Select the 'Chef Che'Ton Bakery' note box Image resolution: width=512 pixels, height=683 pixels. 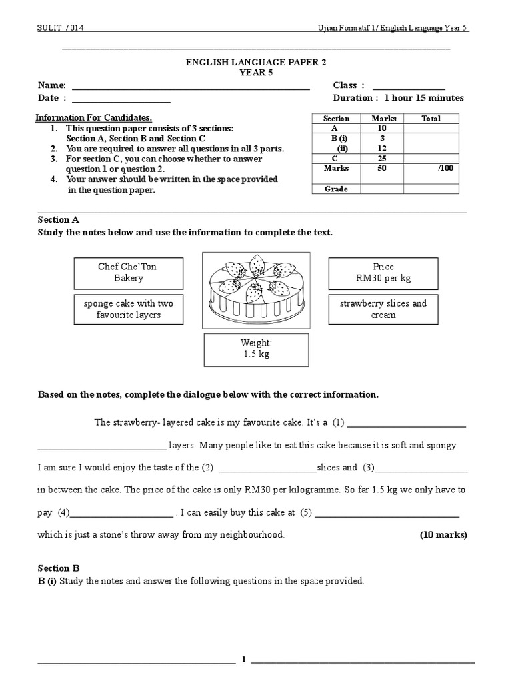(x=129, y=272)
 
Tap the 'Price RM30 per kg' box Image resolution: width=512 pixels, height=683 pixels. (x=383, y=272)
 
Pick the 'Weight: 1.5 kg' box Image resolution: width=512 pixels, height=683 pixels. (x=256, y=349)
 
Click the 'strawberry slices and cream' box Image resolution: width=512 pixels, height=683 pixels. (x=383, y=309)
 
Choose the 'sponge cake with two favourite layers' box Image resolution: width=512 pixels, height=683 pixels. (x=129, y=309)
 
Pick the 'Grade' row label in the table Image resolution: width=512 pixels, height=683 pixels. (x=337, y=189)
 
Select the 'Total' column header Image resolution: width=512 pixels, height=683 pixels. (x=431, y=118)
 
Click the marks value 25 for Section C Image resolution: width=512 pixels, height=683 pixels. (x=382, y=158)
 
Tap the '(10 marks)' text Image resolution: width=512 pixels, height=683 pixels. (x=443, y=534)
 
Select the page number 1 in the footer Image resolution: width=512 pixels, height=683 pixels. (x=244, y=660)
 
